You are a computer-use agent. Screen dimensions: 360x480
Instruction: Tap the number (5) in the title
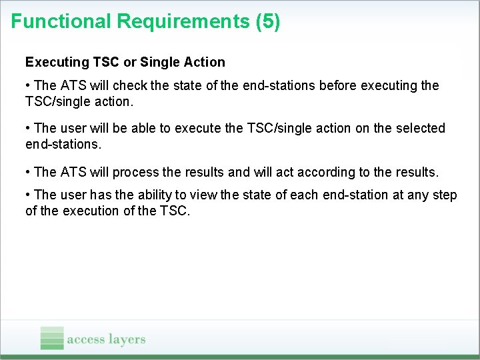pos(267,21)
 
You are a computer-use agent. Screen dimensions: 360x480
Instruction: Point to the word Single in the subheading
pos(159,62)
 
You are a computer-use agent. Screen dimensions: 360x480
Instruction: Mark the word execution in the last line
pos(89,212)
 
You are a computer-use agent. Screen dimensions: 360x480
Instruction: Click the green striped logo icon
pos(52,338)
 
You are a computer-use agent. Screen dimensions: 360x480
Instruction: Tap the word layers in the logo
pos(126,339)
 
